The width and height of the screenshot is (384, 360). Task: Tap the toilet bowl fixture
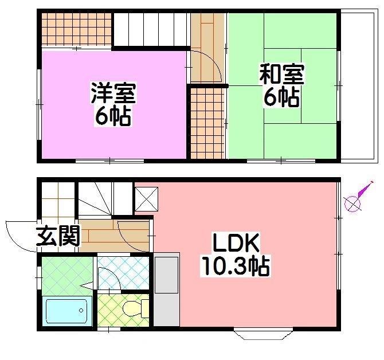click(131, 310)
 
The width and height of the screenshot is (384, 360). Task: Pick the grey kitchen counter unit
click(167, 290)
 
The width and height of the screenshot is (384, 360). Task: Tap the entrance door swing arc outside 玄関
click(19, 235)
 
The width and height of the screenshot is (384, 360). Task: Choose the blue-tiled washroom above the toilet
click(123, 273)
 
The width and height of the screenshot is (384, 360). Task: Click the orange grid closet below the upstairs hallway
click(206, 122)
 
